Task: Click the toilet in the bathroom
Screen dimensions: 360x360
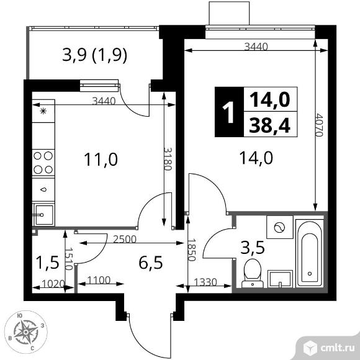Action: tap(253, 273)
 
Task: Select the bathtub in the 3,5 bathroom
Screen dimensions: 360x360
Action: tap(310, 253)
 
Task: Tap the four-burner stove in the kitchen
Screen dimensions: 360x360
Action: tap(43, 163)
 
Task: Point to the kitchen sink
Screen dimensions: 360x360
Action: tap(43, 215)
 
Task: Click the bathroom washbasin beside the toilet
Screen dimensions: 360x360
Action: tap(280, 279)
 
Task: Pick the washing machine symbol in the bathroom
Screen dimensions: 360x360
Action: tap(280, 227)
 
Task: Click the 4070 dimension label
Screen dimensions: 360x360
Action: tap(319, 125)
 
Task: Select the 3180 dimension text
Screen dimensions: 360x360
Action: tap(168, 159)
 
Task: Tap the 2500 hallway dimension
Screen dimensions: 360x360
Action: tap(125, 239)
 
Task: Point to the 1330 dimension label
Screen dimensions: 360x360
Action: tap(205, 282)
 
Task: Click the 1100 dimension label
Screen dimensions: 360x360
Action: tap(99, 280)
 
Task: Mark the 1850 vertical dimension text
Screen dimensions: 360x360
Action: tap(191, 250)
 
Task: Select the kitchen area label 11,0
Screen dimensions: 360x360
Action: tap(101, 160)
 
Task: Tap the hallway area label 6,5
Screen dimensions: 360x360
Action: tap(151, 263)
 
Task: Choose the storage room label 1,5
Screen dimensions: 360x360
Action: tap(48, 263)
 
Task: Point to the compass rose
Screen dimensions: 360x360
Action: tap(26, 332)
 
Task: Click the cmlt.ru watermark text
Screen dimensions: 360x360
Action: tap(338, 349)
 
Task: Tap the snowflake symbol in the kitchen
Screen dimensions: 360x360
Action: tap(43, 111)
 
